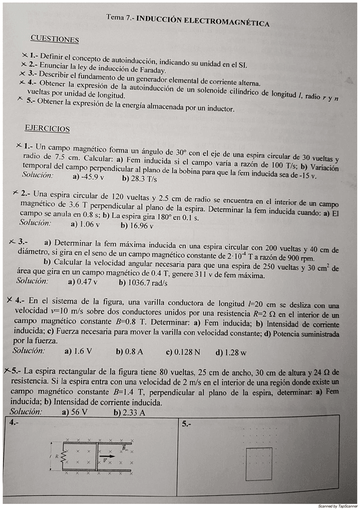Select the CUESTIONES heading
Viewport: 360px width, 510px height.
(x=55, y=40)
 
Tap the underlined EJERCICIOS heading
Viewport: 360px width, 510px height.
(x=47, y=129)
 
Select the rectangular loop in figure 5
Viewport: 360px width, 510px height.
(x=261, y=462)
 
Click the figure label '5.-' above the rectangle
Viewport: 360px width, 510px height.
(x=186, y=424)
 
